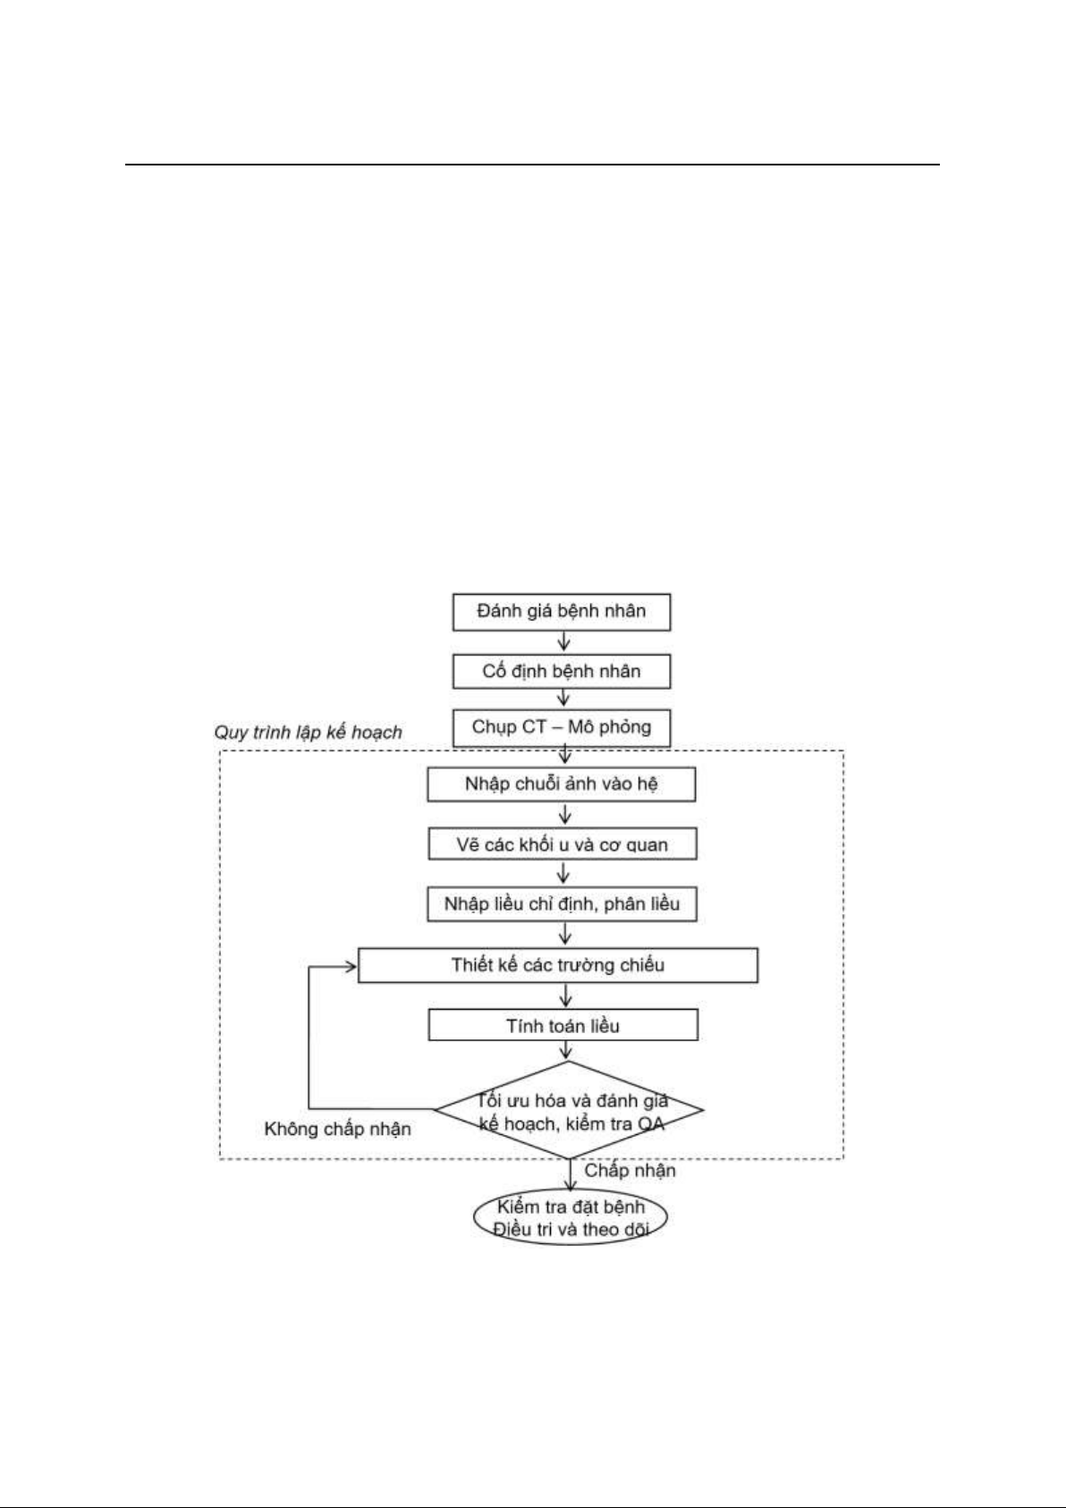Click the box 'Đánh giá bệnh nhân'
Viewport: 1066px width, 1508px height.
point(562,612)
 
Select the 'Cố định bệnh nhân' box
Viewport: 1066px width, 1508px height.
point(562,671)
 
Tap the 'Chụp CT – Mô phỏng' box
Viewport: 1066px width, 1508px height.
point(562,728)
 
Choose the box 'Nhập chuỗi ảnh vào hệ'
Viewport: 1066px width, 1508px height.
point(562,784)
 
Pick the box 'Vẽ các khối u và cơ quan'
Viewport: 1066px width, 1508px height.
point(562,844)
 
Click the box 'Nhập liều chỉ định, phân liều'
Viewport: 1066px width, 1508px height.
point(562,904)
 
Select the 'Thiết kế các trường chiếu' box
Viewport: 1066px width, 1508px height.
point(558,965)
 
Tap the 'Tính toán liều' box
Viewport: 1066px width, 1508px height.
point(563,1026)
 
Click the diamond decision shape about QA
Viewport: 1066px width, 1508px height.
point(569,1110)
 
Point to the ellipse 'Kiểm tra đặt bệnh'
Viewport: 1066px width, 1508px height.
point(570,1218)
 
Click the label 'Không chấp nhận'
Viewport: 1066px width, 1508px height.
point(337,1129)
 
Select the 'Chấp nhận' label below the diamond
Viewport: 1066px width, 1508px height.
point(630,1171)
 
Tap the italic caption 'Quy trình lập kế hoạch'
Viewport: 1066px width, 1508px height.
point(309,733)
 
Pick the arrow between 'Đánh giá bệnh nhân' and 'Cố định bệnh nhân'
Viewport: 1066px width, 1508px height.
point(564,642)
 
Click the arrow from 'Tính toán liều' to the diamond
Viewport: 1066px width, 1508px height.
point(566,1051)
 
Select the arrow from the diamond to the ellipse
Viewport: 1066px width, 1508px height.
point(570,1175)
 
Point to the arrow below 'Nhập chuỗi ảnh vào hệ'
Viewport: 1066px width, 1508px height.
point(565,815)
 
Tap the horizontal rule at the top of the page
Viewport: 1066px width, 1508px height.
point(532,165)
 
